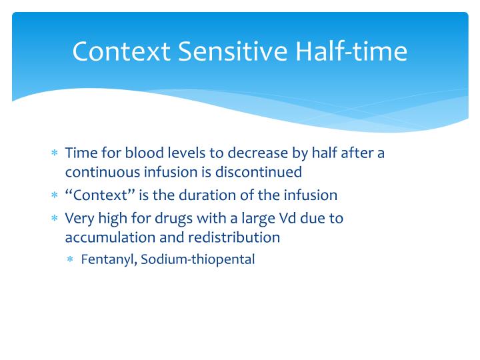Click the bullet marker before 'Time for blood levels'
pyautogui.click(x=55, y=153)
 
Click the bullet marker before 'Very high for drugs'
pyautogui.click(x=55, y=218)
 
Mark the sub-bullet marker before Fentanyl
pyautogui.click(x=71, y=260)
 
